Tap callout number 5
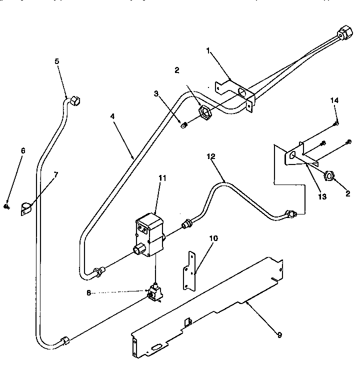56,61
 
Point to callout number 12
210,156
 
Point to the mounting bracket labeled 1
235,93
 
